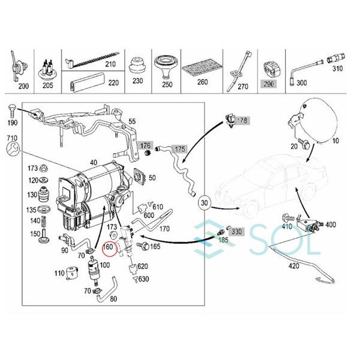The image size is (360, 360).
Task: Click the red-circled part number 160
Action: click(109, 247)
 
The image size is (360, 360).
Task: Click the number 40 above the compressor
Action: click(94, 163)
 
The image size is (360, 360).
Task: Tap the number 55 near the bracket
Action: click(149, 121)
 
